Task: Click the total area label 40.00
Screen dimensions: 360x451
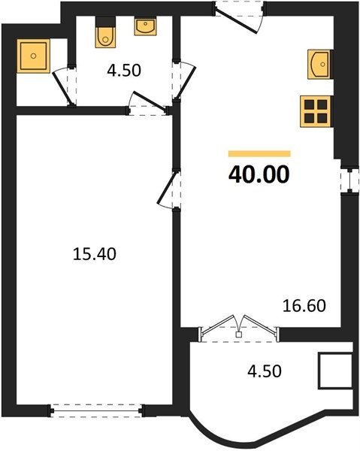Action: point(259,174)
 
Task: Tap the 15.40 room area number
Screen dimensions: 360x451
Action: point(94,254)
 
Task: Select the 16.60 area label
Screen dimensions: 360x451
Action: point(304,306)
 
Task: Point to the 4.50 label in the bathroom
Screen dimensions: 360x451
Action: point(124,71)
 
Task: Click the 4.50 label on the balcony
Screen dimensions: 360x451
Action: point(265,371)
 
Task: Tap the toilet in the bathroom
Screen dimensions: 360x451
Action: point(105,37)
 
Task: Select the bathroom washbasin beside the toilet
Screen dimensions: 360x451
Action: point(146,27)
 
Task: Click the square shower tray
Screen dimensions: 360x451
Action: point(33,56)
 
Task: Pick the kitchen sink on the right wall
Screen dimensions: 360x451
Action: point(319,64)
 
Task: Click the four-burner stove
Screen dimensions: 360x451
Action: point(316,111)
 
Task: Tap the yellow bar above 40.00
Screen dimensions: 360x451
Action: point(259,154)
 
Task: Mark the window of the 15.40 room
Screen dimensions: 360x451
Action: point(96,410)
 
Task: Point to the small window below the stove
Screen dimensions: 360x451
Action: point(350,181)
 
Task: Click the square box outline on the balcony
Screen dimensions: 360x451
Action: point(335,371)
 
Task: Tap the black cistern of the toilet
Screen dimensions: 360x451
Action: point(105,22)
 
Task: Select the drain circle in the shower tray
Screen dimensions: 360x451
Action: point(33,56)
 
